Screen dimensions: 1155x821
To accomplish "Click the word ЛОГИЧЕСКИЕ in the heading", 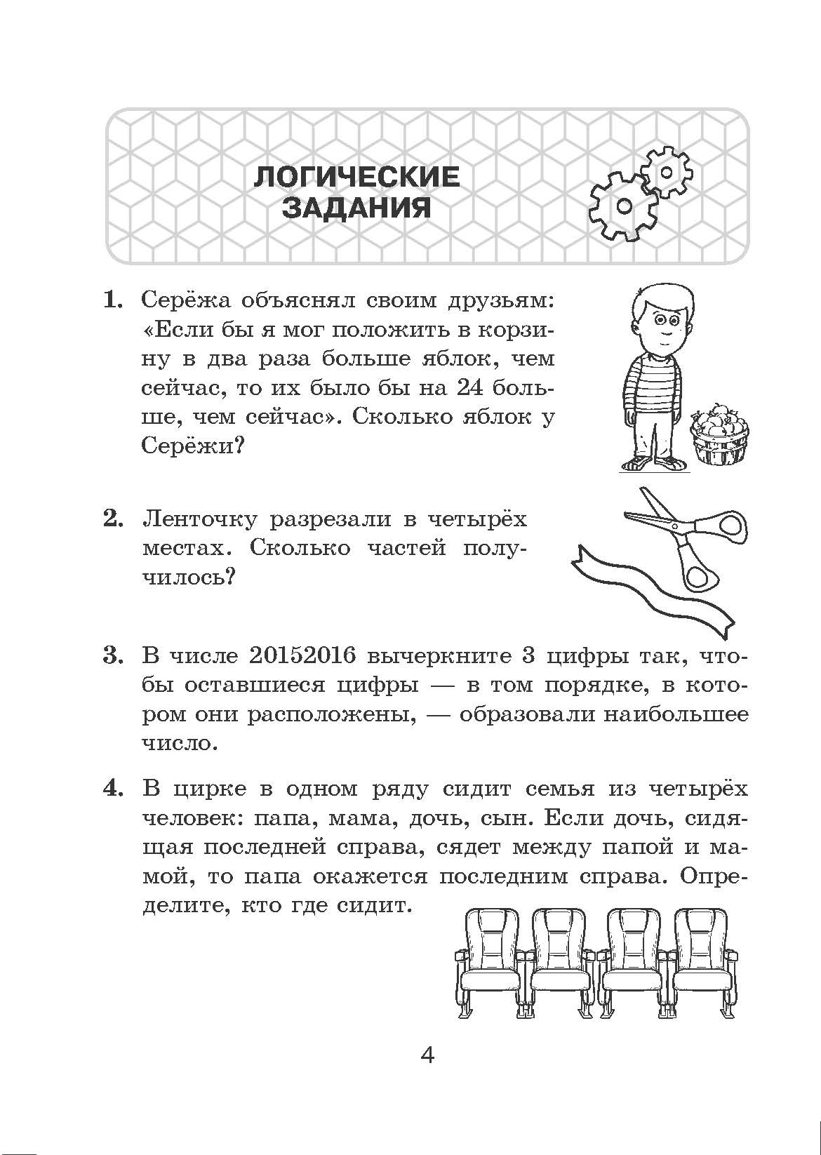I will [x=356, y=177].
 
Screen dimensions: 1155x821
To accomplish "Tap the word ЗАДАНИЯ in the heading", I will [x=356, y=208].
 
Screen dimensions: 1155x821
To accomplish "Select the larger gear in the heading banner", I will [x=622, y=205].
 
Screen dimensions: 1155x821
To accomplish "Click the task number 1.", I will [x=113, y=300].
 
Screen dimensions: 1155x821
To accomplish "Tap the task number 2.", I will [x=113, y=519].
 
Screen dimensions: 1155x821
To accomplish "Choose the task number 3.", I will [x=113, y=655].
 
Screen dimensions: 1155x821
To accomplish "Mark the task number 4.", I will [x=113, y=788].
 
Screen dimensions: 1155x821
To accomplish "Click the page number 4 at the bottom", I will [x=427, y=1055].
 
